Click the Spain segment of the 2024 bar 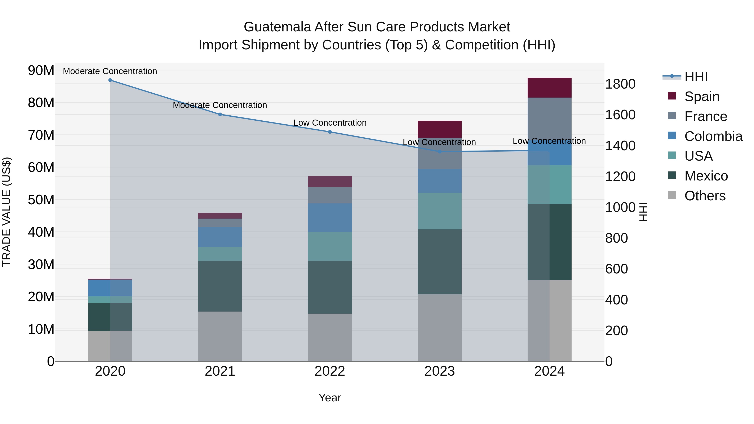click(549, 88)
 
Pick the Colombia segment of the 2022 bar click(330, 218)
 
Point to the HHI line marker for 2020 click(110, 80)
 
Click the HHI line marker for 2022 click(330, 132)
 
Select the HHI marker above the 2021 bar click(220, 114)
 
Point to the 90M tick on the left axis click(41, 71)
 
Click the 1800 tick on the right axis click(620, 84)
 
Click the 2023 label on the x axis click(439, 371)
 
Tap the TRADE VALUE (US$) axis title click(6, 212)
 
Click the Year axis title click(330, 398)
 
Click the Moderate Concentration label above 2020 click(110, 71)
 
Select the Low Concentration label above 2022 click(330, 123)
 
